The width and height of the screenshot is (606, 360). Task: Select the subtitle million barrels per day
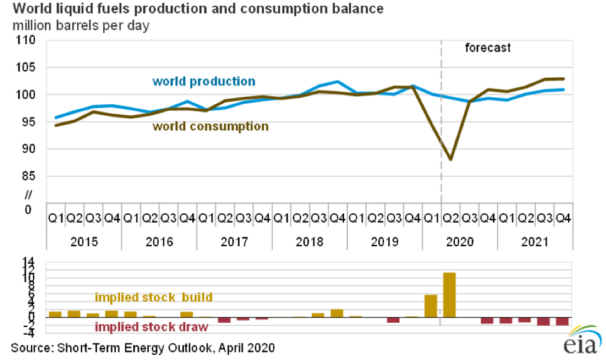[x=80, y=26]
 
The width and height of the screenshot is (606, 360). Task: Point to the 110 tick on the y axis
[x=27, y=40]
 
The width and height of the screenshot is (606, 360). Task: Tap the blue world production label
[x=204, y=82]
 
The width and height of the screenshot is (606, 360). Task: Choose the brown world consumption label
[x=210, y=126]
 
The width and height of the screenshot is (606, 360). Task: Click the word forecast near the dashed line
[x=487, y=48]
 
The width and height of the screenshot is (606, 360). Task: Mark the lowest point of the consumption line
[x=450, y=159]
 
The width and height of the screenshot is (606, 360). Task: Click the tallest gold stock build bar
[x=450, y=295]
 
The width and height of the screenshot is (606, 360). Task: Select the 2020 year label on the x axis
[x=459, y=242]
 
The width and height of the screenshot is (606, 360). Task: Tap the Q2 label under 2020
[x=450, y=218]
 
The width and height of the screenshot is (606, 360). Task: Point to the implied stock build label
[x=154, y=297]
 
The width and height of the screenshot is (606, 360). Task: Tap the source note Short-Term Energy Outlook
[x=142, y=348]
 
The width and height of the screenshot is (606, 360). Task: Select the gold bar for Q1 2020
[x=431, y=306]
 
